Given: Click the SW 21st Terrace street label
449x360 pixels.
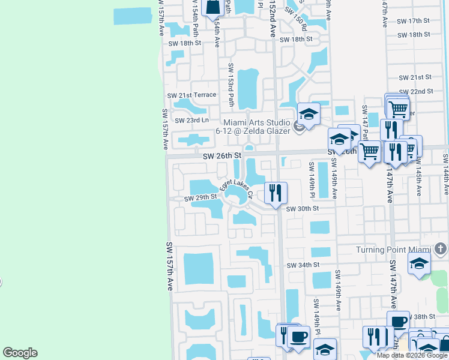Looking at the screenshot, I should coord(191,95).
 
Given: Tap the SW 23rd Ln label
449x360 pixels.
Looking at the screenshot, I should coord(191,120).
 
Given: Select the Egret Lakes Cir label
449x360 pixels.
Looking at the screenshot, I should coord(237,190).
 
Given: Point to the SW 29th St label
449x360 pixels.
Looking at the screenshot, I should coord(200,197).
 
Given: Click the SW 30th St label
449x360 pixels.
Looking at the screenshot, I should coord(302,209).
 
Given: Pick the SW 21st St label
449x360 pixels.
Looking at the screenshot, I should coord(416,77).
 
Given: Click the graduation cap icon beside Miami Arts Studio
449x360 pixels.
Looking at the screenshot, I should coord(309,113).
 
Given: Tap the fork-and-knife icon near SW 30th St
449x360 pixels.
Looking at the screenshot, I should coord(276,193).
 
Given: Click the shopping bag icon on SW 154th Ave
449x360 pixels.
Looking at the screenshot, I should coord(213,7).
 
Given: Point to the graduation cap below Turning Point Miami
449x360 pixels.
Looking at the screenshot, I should coord(419,263).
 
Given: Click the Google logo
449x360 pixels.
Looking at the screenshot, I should coord(20,353).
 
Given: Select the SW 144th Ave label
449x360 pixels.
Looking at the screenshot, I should coord(445,174).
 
